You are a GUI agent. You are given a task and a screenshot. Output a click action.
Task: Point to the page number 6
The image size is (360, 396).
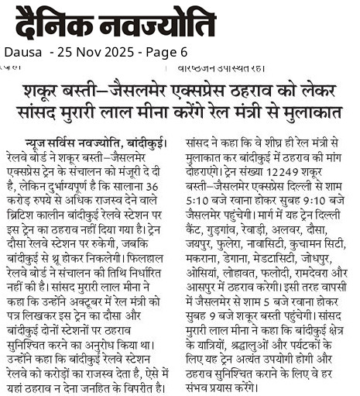(x=183, y=53)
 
